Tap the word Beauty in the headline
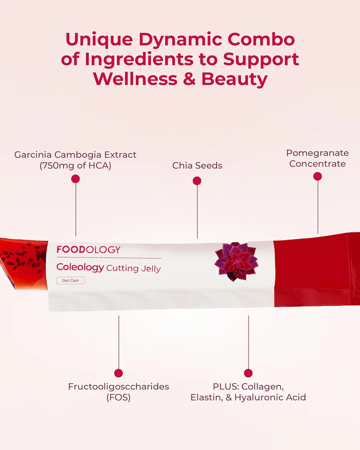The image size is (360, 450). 234,79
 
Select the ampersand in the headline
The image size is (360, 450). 189,79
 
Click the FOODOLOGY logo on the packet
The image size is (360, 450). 88,250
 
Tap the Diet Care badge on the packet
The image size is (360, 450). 70,280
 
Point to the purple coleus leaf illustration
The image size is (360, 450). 236,262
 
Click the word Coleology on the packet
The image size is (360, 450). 80,267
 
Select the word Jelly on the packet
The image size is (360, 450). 151,268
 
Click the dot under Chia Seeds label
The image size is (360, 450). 197,181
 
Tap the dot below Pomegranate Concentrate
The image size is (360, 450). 317,176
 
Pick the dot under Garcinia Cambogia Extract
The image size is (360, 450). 76,179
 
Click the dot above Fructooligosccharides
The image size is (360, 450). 118,373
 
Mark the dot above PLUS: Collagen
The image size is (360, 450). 248,373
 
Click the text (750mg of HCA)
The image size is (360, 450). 76,166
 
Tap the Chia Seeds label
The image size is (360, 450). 197,166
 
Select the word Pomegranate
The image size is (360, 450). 317,153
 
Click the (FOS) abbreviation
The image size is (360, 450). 118,397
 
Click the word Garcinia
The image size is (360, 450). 33,155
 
